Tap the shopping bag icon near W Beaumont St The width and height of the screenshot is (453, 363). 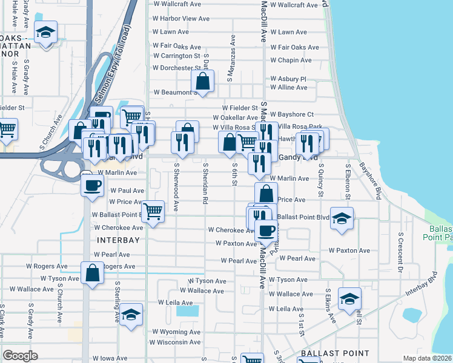coord(202,80)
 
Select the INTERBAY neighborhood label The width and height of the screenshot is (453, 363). coord(119,240)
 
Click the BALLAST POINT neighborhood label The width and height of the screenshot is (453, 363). coord(335,353)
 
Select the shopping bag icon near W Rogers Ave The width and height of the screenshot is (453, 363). coord(91,273)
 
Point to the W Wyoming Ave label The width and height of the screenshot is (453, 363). coord(176,332)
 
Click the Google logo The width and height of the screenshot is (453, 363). coord(20,356)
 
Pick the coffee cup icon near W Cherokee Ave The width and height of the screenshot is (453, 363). coord(265,230)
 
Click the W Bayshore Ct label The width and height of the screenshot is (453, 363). coord(292,114)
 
